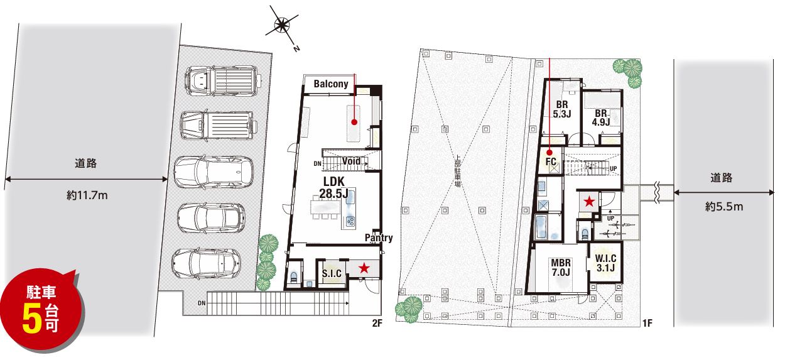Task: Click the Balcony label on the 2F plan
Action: click(x=331, y=84)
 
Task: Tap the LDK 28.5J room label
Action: click(x=333, y=187)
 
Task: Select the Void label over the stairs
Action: click(x=351, y=161)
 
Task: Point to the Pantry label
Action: click(x=379, y=237)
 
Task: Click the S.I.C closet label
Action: click(x=332, y=273)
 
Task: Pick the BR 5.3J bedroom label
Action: click(x=562, y=109)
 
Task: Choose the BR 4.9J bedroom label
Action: click(x=601, y=117)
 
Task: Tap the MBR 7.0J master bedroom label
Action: click(x=561, y=268)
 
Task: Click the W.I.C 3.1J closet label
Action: click(x=605, y=263)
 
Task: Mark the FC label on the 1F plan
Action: click(x=551, y=161)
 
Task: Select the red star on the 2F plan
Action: click(x=364, y=268)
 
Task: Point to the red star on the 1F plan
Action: click(x=589, y=202)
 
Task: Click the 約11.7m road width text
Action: click(x=87, y=195)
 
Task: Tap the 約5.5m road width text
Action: click(x=724, y=207)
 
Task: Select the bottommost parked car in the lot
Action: click(x=206, y=264)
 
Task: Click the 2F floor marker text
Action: click(x=377, y=323)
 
